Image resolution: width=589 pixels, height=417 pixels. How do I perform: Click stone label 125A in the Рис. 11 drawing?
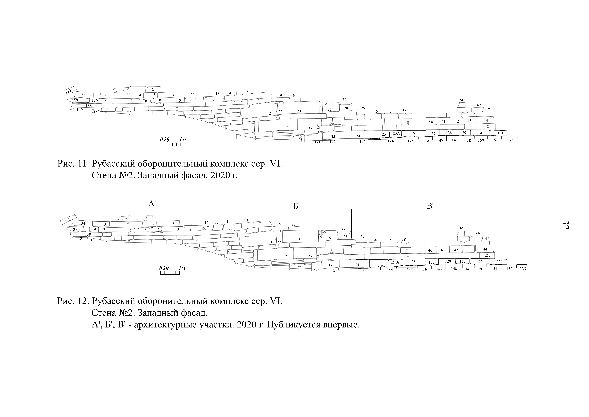click(395, 133)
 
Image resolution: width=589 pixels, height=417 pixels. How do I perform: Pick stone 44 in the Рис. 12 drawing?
click(485, 249)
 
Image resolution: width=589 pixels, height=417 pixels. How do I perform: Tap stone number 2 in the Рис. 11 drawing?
click(153, 89)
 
